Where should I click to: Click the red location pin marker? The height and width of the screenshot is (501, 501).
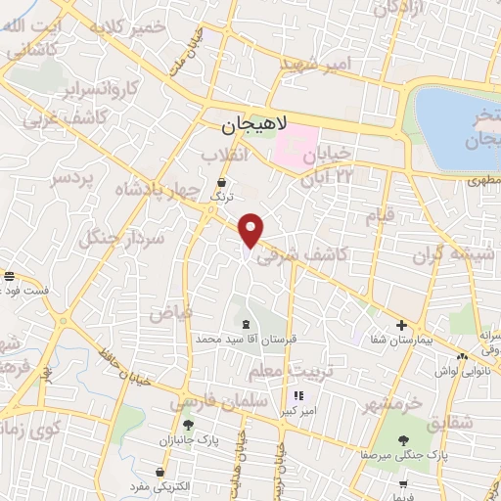point(252,229)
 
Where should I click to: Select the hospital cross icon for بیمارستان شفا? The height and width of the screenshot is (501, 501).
point(401,325)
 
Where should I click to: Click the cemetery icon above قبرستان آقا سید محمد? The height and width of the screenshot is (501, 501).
point(244,324)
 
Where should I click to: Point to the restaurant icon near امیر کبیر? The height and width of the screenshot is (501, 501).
point(297,396)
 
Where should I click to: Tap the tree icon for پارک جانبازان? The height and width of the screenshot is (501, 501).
point(187,425)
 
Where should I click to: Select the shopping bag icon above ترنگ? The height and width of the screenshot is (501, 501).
point(223,182)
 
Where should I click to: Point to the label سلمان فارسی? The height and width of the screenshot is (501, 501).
point(206,400)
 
